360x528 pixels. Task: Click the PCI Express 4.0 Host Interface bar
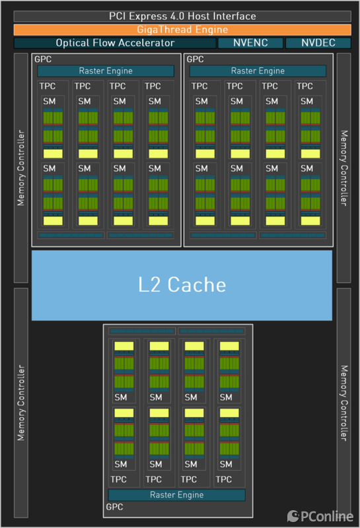182,16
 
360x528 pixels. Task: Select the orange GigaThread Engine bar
182,30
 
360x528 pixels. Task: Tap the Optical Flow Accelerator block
115,43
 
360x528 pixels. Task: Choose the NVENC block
250,43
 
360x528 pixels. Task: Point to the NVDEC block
318,43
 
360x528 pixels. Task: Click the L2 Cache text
182,285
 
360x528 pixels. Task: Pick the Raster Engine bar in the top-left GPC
106,71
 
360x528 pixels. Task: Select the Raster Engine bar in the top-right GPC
258,71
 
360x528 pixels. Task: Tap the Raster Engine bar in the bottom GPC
176,494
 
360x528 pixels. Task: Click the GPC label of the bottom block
115,507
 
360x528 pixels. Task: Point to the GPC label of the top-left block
43,59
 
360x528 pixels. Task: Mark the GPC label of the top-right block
195,59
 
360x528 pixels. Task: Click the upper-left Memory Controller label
21,168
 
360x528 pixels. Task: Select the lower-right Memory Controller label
344,403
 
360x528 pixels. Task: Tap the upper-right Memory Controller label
344,168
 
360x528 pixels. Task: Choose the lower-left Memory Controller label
21,403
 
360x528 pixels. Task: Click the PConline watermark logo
320,516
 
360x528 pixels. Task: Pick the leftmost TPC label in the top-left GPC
48,86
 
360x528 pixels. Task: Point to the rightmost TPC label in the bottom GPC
224,479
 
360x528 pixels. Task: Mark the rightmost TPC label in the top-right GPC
305,86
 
